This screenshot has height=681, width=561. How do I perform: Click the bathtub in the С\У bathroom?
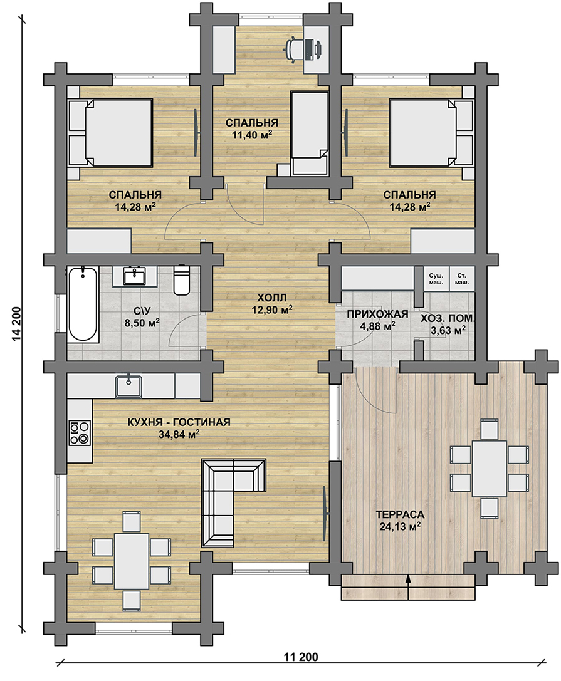(x=82, y=304)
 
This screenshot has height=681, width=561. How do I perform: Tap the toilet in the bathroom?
(x=181, y=281)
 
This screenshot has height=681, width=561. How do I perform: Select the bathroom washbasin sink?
(x=135, y=276)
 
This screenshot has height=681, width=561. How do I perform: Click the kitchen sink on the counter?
(x=128, y=386)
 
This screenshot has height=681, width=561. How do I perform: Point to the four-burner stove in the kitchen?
(x=80, y=432)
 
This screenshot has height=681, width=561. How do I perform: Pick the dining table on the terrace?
(x=490, y=469)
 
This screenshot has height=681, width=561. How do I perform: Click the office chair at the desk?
(x=304, y=48)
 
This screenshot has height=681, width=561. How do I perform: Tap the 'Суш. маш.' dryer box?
(x=436, y=279)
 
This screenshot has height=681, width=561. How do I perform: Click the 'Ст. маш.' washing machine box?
(x=461, y=279)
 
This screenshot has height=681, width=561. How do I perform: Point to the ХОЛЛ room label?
(x=271, y=298)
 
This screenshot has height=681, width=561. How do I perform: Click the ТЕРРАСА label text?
(x=400, y=514)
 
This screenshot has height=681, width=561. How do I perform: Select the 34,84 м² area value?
(x=179, y=434)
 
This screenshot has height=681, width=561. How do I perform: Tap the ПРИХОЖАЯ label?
(x=377, y=314)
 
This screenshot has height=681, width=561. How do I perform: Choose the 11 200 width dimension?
(x=301, y=657)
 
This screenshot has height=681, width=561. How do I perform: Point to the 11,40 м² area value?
(x=252, y=135)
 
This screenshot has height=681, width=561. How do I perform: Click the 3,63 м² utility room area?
(x=448, y=331)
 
